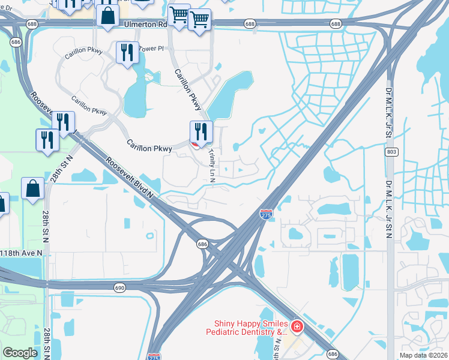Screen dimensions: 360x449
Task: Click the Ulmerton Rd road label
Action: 146,25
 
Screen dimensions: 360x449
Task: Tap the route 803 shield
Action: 391,153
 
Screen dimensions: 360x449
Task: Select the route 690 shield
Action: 119,289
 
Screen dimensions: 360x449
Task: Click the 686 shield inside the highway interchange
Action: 203,244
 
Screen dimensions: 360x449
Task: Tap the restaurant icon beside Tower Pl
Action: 127,53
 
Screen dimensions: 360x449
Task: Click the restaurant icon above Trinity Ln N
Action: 201,132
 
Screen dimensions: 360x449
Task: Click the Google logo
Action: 20,353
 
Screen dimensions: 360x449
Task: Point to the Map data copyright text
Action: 424,356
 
